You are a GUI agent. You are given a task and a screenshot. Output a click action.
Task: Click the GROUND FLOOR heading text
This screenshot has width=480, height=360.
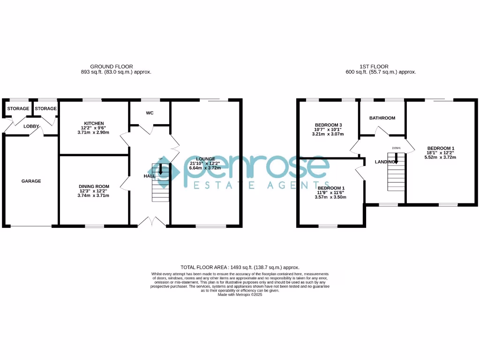pyautogui.click(x=111, y=67)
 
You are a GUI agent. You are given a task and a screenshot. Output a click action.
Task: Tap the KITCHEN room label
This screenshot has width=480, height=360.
pyautogui.click(x=94, y=123)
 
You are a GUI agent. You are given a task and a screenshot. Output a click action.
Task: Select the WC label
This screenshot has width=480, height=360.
pyautogui.click(x=150, y=113)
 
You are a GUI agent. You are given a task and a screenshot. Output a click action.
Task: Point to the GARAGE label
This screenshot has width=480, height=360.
pyautogui.click(x=31, y=181)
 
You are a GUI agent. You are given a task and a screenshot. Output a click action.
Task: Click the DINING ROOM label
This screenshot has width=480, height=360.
pyautogui.click(x=94, y=186)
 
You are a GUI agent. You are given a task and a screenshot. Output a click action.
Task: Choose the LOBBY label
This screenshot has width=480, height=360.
pyautogui.click(x=31, y=126)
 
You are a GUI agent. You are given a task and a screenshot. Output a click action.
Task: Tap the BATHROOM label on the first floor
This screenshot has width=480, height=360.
pyautogui.click(x=382, y=118)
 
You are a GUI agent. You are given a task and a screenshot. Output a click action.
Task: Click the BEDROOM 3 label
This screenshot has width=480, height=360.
pyautogui.click(x=328, y=125)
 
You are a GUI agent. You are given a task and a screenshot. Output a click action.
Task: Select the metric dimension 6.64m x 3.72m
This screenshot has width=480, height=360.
pyautogui.click(x=202, y=168)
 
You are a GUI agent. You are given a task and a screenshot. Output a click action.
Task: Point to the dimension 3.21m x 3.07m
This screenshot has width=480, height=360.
pyautogui.click(x=328, y=134)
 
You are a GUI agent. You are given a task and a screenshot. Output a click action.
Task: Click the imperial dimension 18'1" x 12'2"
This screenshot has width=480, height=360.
pyautogui.click(x=440, y=153)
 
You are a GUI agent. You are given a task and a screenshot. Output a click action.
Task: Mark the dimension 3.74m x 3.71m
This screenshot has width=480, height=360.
pyautogui.click(x=94, y=195)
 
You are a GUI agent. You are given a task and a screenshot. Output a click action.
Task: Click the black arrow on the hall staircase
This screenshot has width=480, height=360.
pyautogui.click(x=161, y=171)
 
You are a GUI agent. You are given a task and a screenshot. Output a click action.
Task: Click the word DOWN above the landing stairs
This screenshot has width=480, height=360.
pyautogui.click(x=396, y=148)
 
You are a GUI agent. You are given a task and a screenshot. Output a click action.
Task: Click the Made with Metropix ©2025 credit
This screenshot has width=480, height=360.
pyautogui.click(x=240, y=294)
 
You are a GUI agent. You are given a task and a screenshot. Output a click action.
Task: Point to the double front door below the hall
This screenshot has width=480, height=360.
pyautogui.click(x=152, y=222)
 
